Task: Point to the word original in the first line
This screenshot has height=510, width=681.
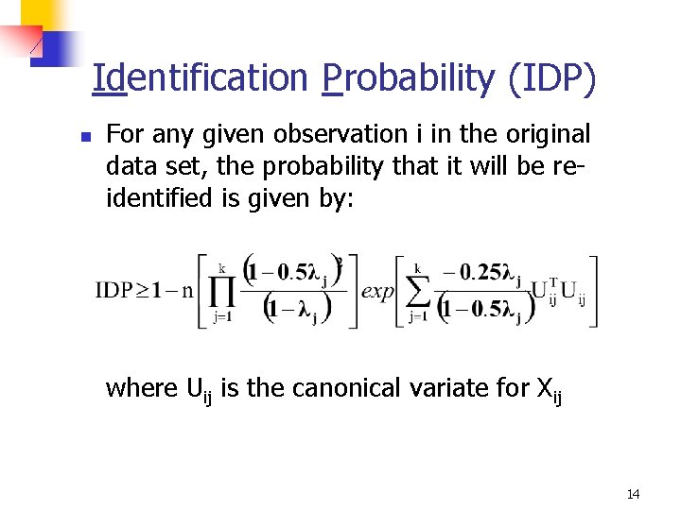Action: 542,134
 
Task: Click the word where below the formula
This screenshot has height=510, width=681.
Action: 142,387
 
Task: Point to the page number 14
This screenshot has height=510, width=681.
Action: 633,494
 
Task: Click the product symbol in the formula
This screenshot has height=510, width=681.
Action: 222,291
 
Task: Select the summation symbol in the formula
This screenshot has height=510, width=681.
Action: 417,291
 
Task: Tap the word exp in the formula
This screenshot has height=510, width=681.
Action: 377,291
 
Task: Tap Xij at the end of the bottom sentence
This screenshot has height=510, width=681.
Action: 550,388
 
